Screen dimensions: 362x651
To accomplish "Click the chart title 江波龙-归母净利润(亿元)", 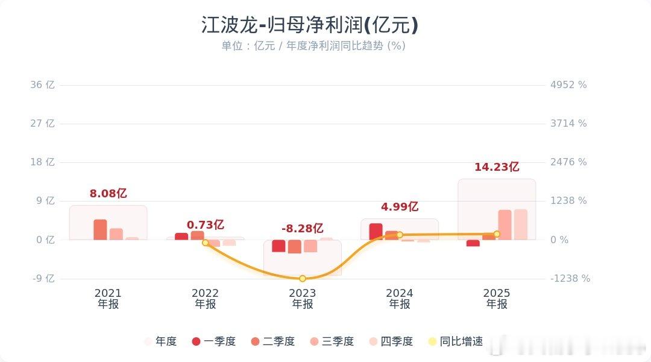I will (x=309, y=25).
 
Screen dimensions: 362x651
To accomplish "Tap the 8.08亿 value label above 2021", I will (x=108, y=194).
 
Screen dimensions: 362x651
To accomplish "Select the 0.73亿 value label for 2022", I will (x=206, y=224).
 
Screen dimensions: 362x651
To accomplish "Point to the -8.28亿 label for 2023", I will (x=303, y=229).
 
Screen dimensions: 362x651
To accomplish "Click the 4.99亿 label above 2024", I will (x=400, y=207).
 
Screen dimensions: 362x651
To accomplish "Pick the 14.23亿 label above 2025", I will (x=497, y=167).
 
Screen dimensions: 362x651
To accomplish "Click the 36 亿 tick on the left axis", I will (x=43, y=85).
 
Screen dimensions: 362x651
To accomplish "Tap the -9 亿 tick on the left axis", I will (x=43, y=279).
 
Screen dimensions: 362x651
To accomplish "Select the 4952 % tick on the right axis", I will (x=568, y=85).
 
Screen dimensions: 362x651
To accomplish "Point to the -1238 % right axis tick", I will (x=570, y=279).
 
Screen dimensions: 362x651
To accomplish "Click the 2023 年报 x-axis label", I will (x=303, y=299).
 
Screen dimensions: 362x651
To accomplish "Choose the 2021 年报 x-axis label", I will (x=108, y=299).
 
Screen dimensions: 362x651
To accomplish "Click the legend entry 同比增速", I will (x=455, y=341).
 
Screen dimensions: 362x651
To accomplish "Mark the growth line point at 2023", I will (x=303, y=278).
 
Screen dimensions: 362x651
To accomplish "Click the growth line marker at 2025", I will (x=497, y=234).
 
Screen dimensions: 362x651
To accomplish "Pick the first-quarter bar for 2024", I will (x=376, y=232).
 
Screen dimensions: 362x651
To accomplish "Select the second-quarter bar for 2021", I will (x=100, y=230).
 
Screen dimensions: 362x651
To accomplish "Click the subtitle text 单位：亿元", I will (x=248, y=46).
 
